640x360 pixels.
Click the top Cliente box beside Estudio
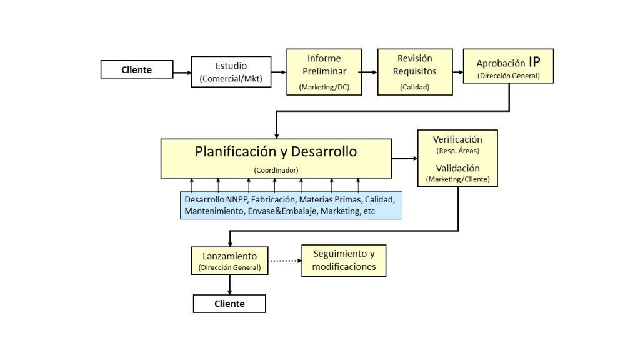[137, 69]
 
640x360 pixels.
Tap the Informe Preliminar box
[324, 72]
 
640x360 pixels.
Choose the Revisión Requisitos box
[415, 72]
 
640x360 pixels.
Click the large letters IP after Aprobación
[534, 62]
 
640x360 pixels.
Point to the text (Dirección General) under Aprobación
[508, 76]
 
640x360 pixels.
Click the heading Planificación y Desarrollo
[276, 151]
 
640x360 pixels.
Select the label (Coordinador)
[276, 169]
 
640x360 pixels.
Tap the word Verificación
[457, 139]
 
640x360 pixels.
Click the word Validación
[457, 168]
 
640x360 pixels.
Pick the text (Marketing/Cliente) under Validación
[457, 179]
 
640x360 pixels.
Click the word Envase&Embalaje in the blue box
[279, 212]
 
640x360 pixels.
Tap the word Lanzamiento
[229, 256]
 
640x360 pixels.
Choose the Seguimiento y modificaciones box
[344, 261]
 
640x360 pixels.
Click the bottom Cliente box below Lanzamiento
[229, 304]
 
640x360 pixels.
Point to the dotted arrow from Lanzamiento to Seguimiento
[284, 261]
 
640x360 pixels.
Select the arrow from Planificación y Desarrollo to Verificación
[404, 159]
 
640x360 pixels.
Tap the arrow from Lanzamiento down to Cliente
[230, 285]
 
